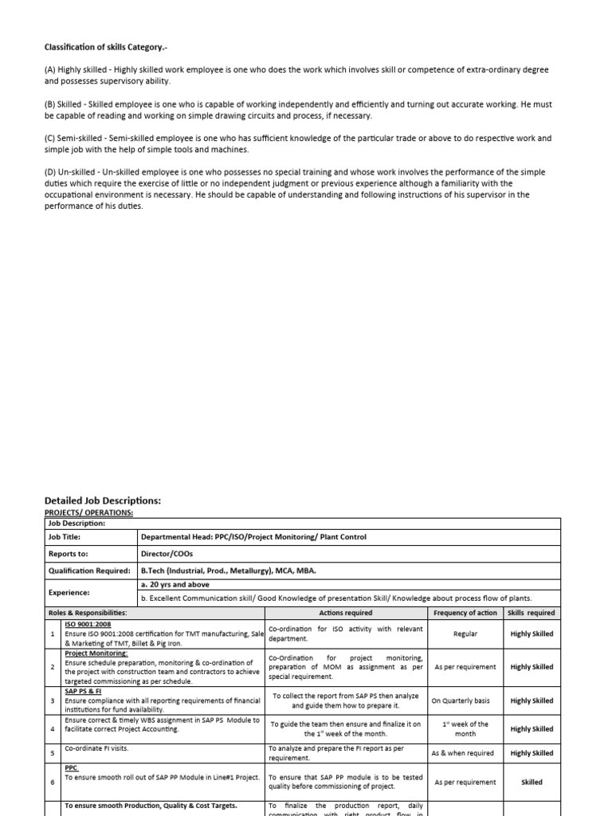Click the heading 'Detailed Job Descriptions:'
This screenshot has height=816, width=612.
coord(103,500)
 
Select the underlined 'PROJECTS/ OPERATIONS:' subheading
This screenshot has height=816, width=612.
coord(88,512)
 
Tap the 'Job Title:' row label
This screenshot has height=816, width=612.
coord(66,537)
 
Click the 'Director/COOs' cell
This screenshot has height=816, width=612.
coord(167,553)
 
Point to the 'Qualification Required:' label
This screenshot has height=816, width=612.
coord(88,571)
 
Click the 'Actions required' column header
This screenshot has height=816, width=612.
coord(345,613)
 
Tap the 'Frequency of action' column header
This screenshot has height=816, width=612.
coord(465,613)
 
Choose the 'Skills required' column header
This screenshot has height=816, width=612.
coord(532,613)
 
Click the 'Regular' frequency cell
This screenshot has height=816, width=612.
coord(465,634)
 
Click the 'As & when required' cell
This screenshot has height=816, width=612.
coord(465,753)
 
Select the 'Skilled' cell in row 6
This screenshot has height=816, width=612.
coord(532,783)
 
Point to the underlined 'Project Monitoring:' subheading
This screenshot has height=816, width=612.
coord(96,653)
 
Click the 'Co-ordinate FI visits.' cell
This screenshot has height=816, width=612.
coord(96,749)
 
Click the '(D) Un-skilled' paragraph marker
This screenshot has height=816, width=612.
coord(72,172)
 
